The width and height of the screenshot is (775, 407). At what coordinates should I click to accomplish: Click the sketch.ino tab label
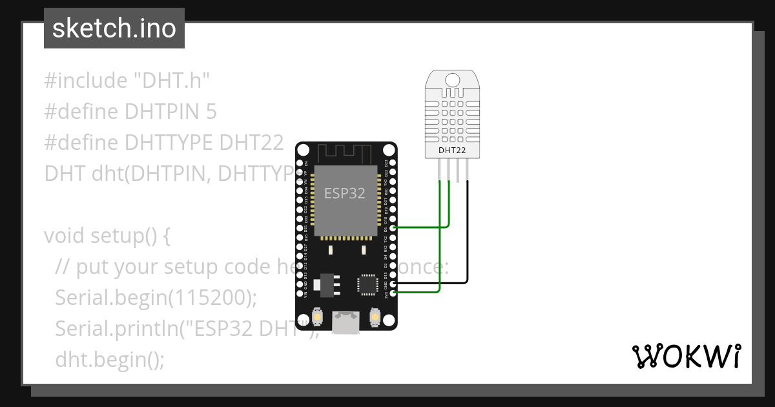114,28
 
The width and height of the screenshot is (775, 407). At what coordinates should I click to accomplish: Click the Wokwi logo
686,356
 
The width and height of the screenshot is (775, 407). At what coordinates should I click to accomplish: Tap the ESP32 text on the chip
344,194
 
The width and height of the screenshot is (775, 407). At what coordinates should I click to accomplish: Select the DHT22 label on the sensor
452,151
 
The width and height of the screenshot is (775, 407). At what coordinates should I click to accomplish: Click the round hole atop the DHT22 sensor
452,80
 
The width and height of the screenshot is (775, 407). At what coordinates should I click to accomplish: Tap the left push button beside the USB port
317,317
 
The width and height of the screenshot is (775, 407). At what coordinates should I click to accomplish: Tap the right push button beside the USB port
375,317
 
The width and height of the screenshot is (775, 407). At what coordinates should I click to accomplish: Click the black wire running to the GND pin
467,245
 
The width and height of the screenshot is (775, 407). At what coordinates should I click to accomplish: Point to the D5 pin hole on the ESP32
393,228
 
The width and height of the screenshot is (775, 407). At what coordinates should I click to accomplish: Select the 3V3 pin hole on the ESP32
393,293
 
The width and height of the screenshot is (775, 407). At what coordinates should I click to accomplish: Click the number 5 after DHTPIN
211,112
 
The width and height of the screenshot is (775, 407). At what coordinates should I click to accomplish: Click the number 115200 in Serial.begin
213,298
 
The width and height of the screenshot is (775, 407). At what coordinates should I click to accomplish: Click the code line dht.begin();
110,359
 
